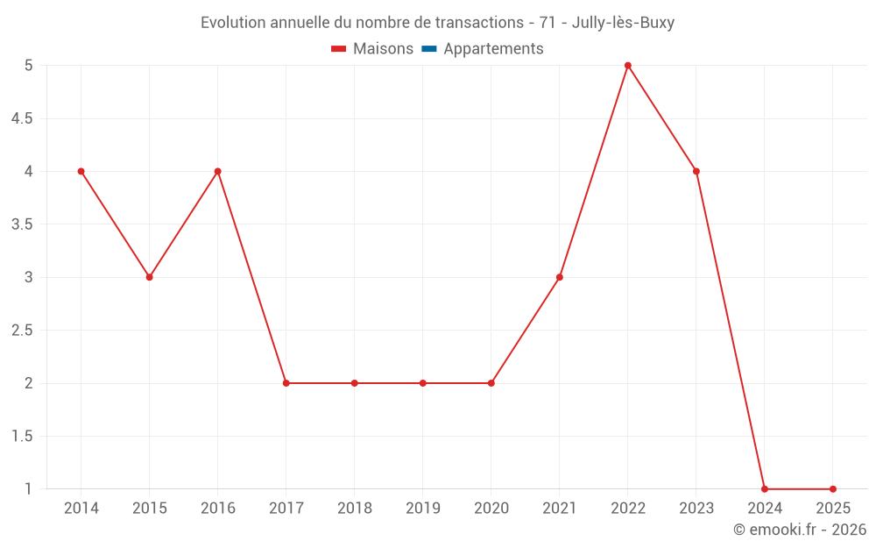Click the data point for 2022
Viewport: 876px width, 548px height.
[x=628, y=66]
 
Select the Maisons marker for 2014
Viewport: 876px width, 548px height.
[x=81, y=171]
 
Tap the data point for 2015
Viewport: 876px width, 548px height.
[x=150, y=277]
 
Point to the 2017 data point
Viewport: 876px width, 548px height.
[x=286, y=383]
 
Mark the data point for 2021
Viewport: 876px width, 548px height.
[x=560, y=277]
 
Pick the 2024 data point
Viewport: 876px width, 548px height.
[x=765, y=489]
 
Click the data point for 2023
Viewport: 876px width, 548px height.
[x=696, y=171]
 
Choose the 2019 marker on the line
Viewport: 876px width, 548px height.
[x=423, y=383]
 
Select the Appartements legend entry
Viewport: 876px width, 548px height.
[x=493, y=49]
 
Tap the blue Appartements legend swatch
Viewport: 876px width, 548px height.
[x=429, y=49]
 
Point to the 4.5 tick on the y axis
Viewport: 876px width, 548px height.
[x=22, y=118]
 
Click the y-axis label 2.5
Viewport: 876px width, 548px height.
[x=22, y=331]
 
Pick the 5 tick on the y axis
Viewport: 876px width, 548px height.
[x=29, y=66]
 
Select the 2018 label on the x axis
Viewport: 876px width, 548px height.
[x=355, y=509]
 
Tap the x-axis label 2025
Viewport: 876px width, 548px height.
[x=833, y=509]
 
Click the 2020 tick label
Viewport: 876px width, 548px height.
[x=491, y=509]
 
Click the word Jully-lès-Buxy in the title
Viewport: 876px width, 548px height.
[x=623, y=23]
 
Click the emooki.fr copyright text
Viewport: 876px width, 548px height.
[x=799, y=530]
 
